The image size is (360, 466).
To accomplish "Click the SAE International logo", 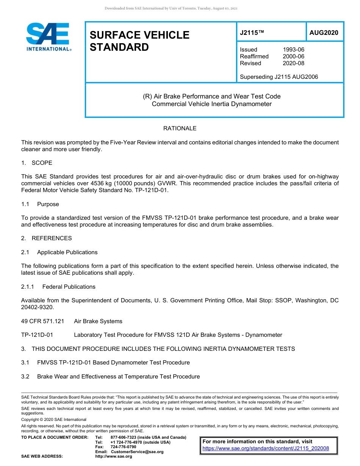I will (49, 37).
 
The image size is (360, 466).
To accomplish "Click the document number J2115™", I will (251, 33).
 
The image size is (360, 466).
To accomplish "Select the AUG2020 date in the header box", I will (324, 33).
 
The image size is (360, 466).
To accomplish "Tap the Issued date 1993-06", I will (293, 50).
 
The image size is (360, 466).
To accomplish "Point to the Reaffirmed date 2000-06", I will (293, 56).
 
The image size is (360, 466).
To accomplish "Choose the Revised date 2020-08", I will (293, 63).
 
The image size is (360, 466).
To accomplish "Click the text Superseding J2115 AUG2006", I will (279, 77).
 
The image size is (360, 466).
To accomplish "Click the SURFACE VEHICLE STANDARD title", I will (139, 41).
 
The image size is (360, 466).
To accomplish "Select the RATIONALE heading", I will (180, 128).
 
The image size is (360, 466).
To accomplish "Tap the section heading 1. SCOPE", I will (37, 163).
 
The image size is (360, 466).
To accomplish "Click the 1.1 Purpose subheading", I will (40, 204).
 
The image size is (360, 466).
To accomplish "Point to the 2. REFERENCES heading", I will (46, 238).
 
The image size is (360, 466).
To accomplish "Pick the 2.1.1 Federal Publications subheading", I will (58, 287).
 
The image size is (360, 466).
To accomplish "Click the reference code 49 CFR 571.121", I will (42, 321).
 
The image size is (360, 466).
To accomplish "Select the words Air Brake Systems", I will (98, 321).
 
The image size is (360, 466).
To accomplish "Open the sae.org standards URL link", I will (266, 449).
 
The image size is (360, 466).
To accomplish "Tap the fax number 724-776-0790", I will (123, 447).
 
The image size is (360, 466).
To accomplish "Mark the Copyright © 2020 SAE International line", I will (54, 419).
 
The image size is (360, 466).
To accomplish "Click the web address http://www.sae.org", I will (113, 457).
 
